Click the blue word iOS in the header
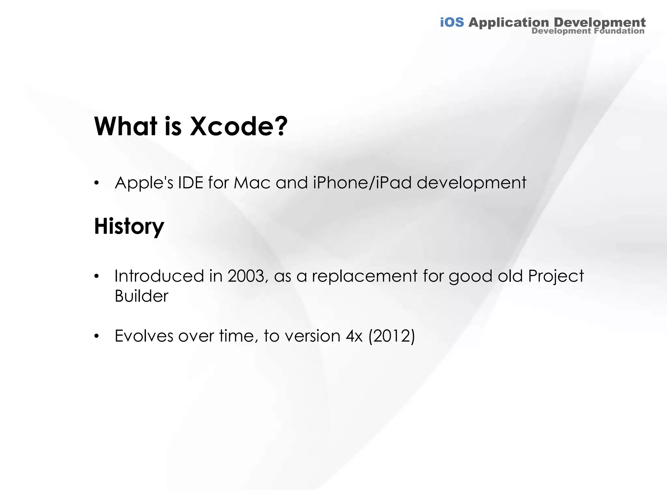(x=452, y=22)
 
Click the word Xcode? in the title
(x=239, y=126)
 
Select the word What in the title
(x=126, y=126)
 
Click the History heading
(x=129, y=226)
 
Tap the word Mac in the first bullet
(x=252, y=183)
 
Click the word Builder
(x=141, y=296)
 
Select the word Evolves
(x=144, y=336)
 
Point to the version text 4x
(x=354, y=336)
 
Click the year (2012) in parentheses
(x=392, y=336)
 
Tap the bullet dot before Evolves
(x=96, y=336)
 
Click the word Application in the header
(x=508, y=22)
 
